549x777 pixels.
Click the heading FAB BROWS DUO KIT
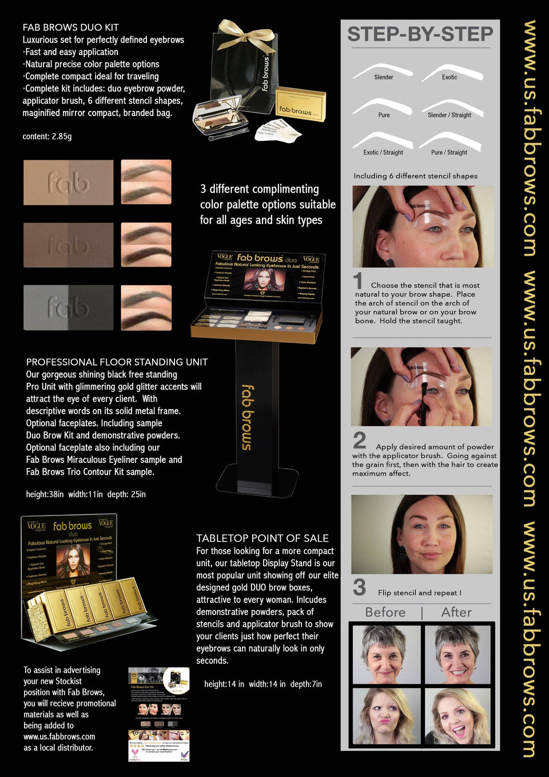pos(71,27)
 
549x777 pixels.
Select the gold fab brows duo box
pos(300,105)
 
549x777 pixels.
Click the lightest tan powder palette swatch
pos(68,183)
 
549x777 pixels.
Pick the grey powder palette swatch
pos(68,308)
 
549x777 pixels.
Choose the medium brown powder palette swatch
pos(68,245)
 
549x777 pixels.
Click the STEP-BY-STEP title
pos(420,34)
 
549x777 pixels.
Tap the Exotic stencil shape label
pos(449,77)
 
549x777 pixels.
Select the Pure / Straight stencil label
pos(449,153)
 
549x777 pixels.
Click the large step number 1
pos(359,281)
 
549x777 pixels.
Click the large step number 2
pos(359,441)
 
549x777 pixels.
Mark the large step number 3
pos(359,588)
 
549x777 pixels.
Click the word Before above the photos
pos(385,612)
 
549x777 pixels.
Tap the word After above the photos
pos(456,612)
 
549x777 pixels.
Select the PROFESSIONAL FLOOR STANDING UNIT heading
pos(117,362)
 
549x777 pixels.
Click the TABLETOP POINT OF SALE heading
pos(262,538)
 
